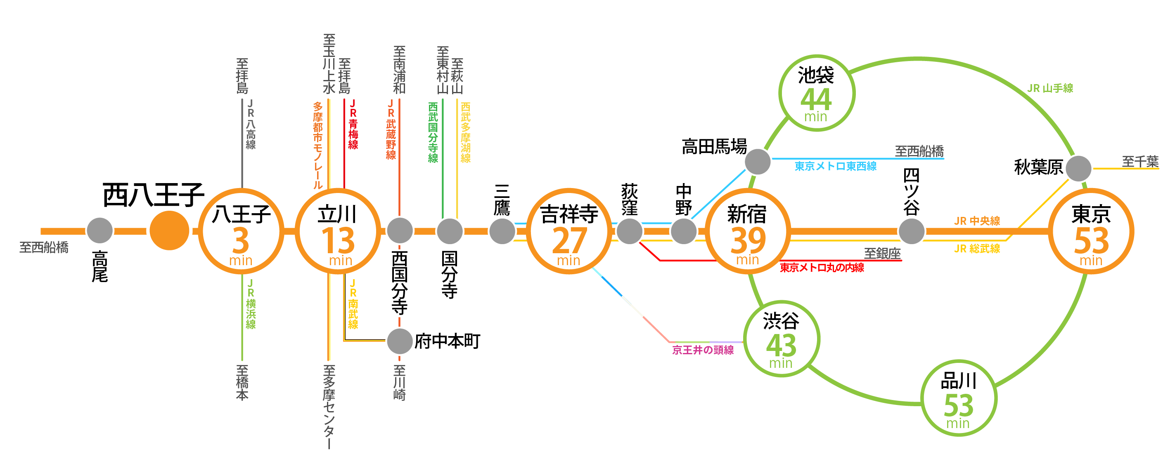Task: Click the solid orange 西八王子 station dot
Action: click(x=169, y=231)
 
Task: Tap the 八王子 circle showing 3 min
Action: click(x=241, y=231)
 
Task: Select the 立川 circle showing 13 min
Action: click(x=338, y=231)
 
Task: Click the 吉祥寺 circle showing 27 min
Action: click(x=569, y=231)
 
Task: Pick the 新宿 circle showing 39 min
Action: click(x=748, y=231)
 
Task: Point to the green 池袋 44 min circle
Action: click(x=817, y=94)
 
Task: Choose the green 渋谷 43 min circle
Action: click(x=782, y=339)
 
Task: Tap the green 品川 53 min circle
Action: click(x=958, y=398)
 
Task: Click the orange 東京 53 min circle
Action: click(x=1091, y=231)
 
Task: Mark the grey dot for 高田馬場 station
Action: click(x=758, y=162)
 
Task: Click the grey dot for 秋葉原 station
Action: click(x=1078, y=168)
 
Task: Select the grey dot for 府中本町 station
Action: click(x=400, y=341)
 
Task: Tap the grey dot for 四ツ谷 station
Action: click(x=911, y=231)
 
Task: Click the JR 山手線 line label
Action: click(x=1050, y=88)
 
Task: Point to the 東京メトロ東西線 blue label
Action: click(x=835, y=166)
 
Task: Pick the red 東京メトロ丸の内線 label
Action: click(x=822, y=268)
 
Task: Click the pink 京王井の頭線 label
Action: click(x=703, y=350)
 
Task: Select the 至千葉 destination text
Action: click(x=1140, y=161)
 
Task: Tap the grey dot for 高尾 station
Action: click(x=99, y=231)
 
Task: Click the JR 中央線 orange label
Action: click(x=976, y=221)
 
